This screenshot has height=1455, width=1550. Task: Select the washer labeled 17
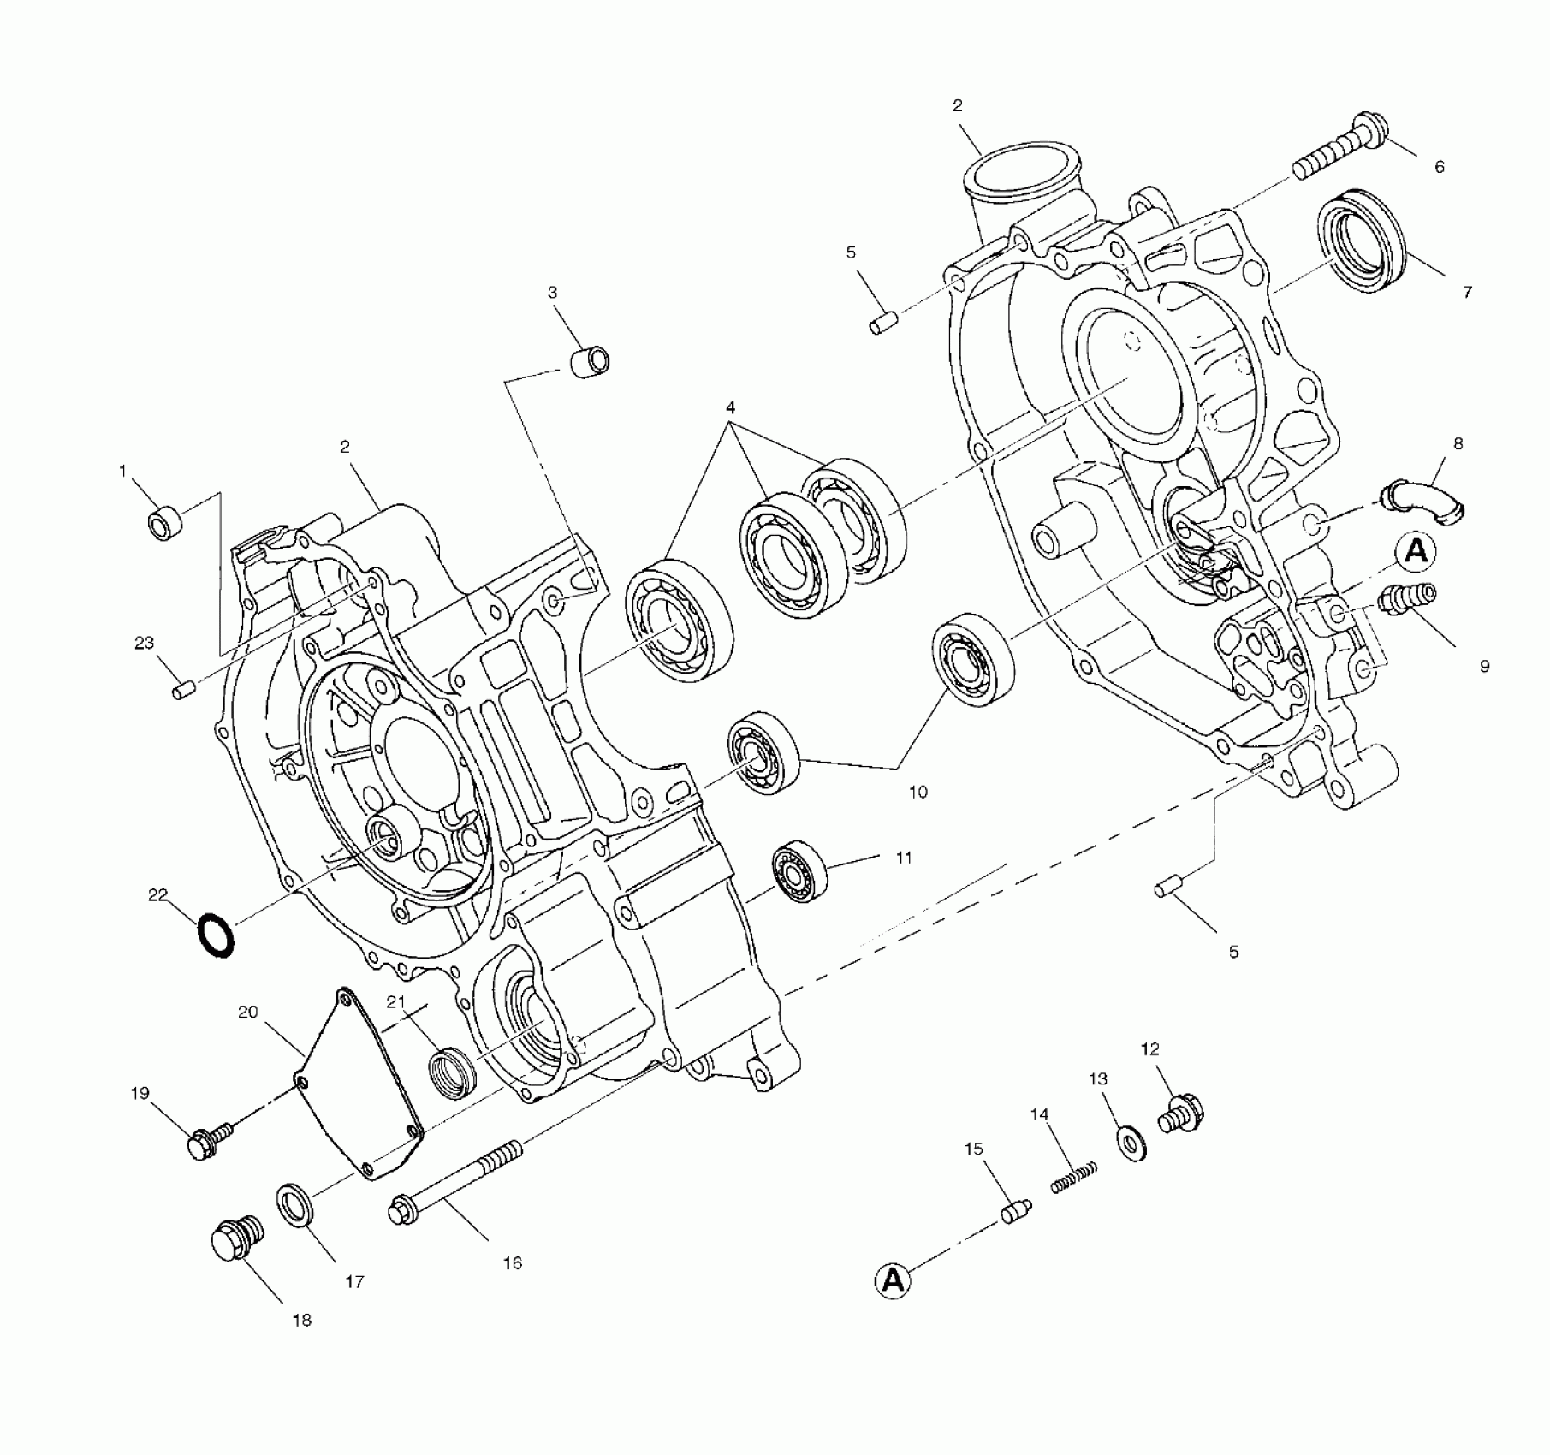[x=296, y=1206]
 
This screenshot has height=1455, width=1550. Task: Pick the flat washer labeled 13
[x=1133, y=1143]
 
